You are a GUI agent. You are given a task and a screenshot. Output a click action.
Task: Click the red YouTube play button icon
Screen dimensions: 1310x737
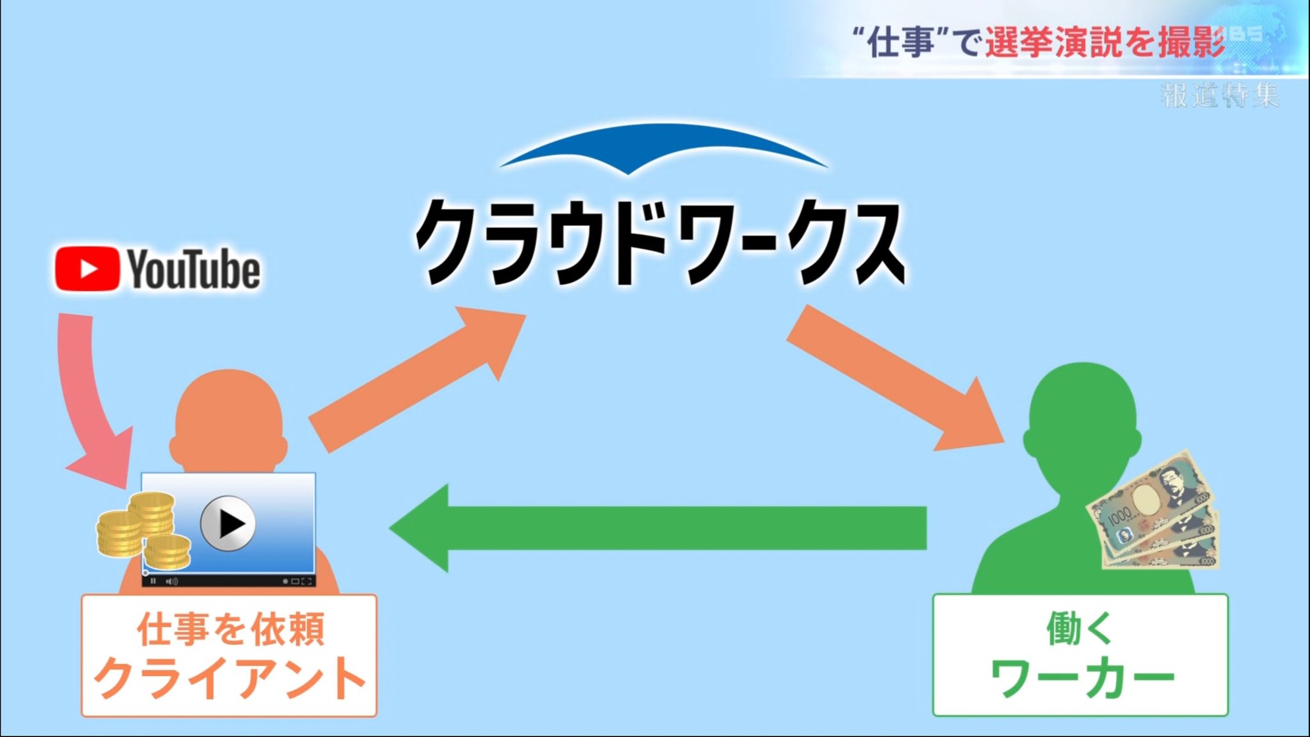click(87, 269)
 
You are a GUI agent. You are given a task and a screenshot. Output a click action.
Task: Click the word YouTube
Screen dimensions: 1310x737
click(194, 269)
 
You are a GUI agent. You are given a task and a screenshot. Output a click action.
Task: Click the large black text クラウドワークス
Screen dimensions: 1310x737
click(660, 242)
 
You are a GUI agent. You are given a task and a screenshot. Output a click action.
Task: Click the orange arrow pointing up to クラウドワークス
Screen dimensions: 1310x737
click(416, 377)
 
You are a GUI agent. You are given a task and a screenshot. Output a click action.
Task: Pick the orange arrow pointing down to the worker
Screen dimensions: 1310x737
click(896, 377)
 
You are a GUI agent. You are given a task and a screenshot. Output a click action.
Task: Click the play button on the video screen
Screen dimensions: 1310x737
click(228, 523)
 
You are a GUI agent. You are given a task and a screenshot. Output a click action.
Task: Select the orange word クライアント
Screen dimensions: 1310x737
click(230, 678)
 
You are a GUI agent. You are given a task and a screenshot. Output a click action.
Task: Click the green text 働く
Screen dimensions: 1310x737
click(1080, 628)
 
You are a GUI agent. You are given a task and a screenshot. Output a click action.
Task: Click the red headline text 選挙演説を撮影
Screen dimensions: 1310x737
click(1105, 42)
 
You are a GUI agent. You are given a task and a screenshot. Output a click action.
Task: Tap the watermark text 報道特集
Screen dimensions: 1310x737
click(1219, 95)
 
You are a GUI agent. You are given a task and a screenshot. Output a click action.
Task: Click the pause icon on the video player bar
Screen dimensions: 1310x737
click(153, 581)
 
